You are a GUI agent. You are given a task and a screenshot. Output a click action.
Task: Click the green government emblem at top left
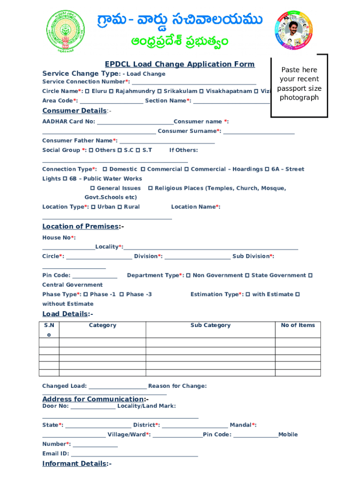pos(67,31)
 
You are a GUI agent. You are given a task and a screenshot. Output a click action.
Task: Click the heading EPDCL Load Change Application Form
pos(180,64)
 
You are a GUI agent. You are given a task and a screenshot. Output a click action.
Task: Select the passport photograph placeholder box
pos(299,83)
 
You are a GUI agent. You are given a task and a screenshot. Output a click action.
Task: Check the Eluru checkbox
pos(87,91)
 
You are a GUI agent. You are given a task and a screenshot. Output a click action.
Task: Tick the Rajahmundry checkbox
pos(112,91)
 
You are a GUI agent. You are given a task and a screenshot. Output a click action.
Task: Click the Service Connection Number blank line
pos(194,82)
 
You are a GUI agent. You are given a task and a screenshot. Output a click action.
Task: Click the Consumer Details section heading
pos(74,111)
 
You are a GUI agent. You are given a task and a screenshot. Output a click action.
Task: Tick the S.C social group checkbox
pos(120,150)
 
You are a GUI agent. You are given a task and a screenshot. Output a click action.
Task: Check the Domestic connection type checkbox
pos(105,169)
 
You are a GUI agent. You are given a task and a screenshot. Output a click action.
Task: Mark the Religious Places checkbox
pos(151,188)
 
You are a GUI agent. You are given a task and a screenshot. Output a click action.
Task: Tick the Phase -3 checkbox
pos(122,295)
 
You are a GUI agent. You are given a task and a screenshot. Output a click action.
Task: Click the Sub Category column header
pos(210,326)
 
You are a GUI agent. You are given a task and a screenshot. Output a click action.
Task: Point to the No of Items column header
pos(298,326)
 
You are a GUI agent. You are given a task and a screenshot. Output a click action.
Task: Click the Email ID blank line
pos(135,455)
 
